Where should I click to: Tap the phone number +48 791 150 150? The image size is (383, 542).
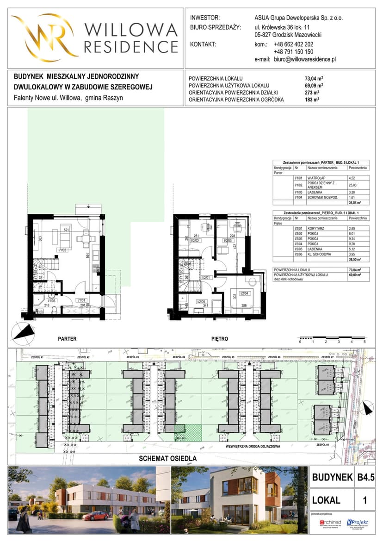[x=293, y=52]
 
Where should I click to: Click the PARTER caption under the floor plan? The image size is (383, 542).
[x=67, y=339]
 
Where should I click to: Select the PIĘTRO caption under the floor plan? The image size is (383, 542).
[x=220, y=339]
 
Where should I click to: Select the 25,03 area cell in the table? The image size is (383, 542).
[x=352, y=185]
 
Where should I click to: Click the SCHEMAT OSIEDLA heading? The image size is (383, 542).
[x=168, y=459]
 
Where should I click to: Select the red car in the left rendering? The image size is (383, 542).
[x=96, y=516]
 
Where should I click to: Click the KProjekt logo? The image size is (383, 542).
[x=357, y=523]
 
